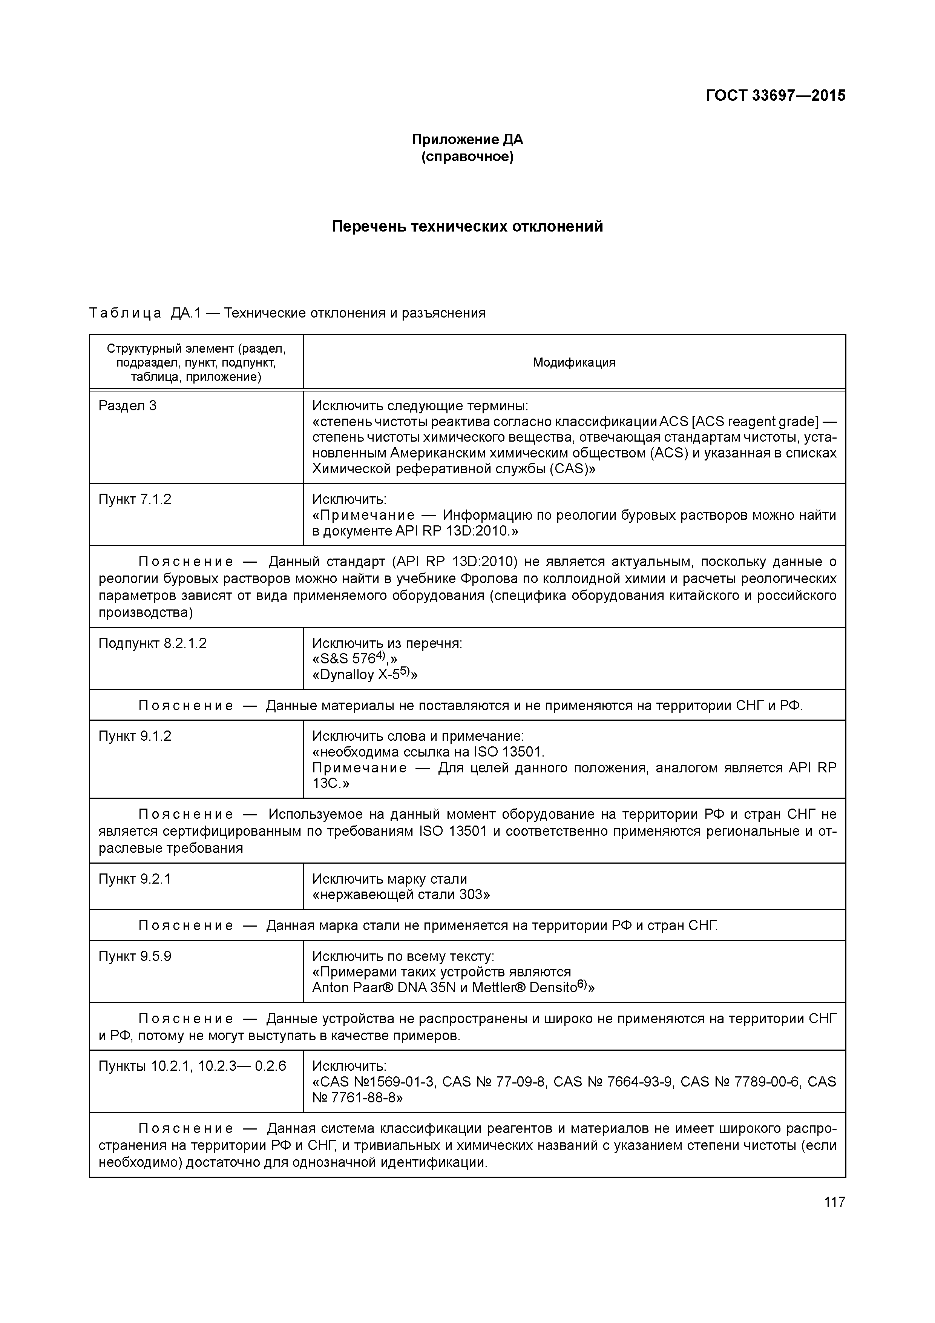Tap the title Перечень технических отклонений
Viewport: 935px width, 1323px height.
coord(467,226)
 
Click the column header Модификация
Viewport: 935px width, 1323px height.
coord(574,362)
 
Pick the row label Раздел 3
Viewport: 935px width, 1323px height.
coord(127,406)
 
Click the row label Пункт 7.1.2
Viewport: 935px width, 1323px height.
coord(135,499)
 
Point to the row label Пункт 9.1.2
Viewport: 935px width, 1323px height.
coord(135,736)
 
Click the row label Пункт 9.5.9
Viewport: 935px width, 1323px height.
coord(135,956)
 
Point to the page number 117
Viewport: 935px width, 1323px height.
coord(834,1202)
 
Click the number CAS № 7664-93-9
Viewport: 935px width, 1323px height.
coord(612,1082)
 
